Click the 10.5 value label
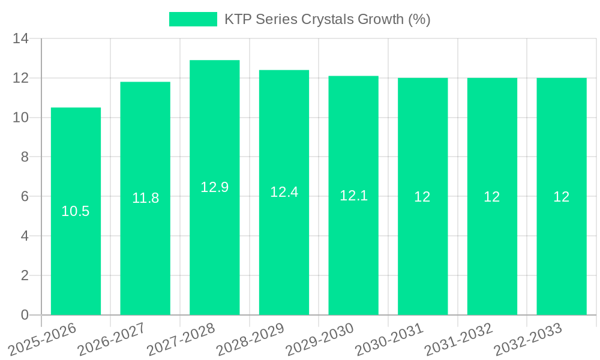(76, 211)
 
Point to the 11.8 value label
(145, 198)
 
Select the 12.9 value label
(214, 187)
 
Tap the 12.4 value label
(284, 192)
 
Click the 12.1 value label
(353, 195)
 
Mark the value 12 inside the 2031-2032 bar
(492, 196)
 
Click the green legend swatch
(193, 19)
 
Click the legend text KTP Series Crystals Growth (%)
(328, 19)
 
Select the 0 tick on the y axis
(25, 315)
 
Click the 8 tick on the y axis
(25, 157)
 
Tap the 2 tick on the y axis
(25, 275)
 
